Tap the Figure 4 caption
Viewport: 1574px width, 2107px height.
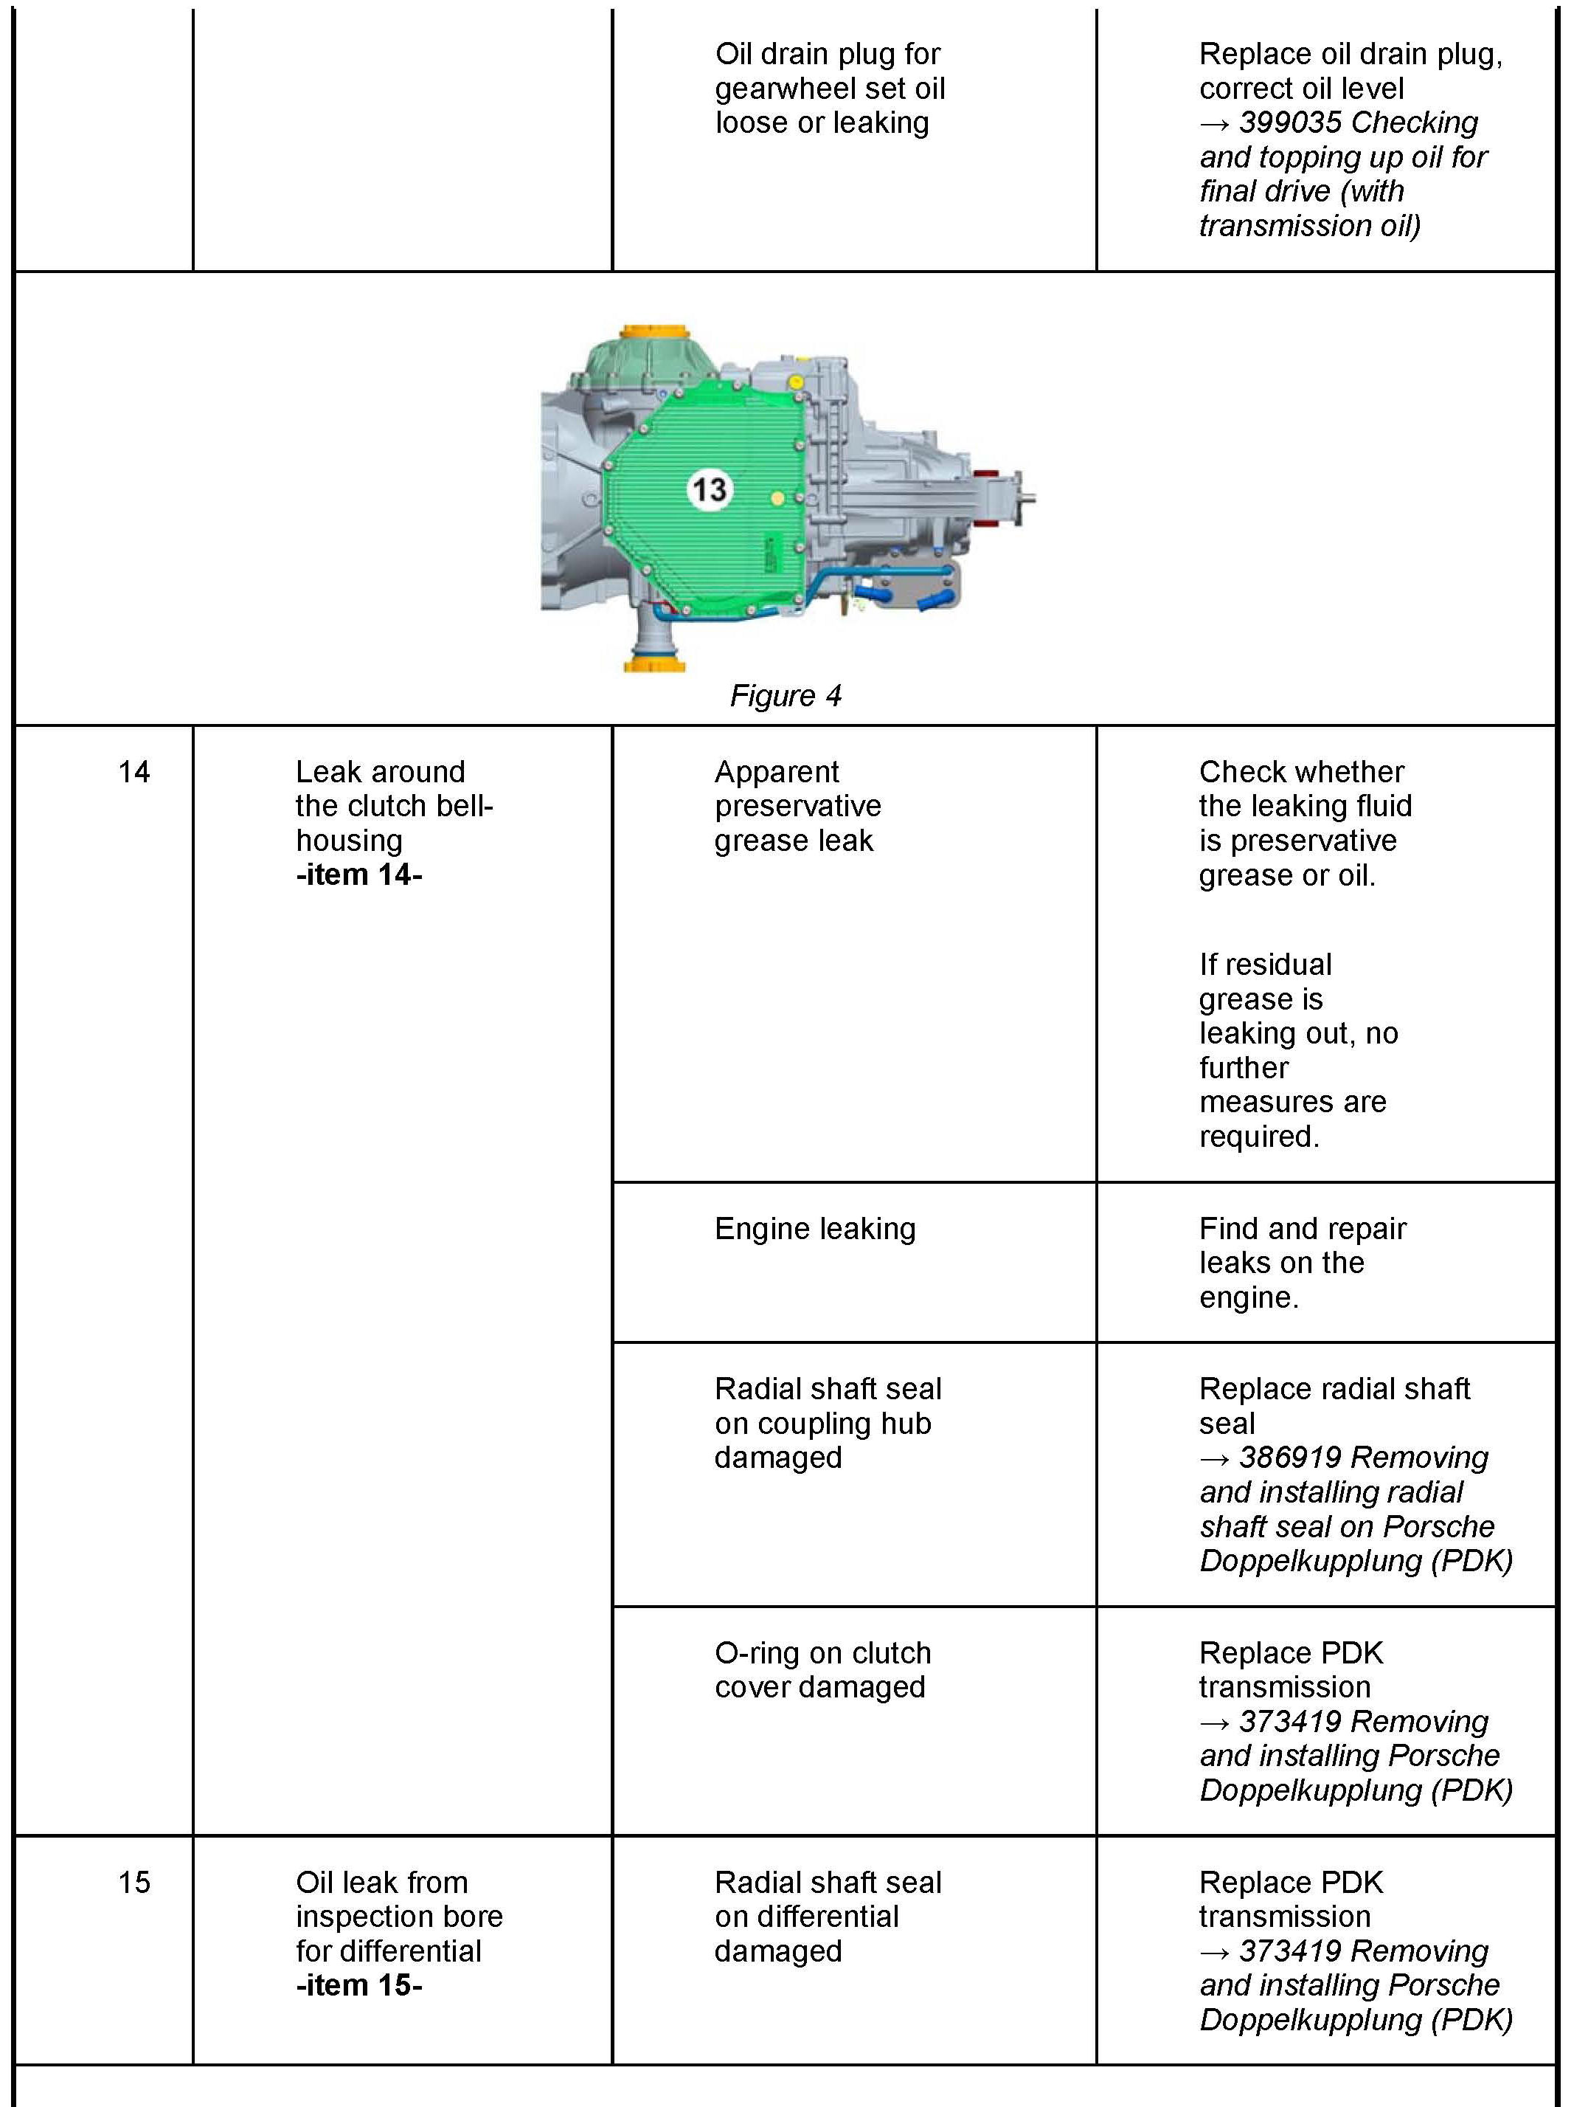786,696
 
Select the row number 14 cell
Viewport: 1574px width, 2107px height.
134,771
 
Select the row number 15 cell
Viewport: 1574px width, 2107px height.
134,1882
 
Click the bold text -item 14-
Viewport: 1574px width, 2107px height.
359,875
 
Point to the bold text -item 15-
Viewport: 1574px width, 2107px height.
359,1985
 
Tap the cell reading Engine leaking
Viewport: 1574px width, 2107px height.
815,1229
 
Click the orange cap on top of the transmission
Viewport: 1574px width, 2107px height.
653,334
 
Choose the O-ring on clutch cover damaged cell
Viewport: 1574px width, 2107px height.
822,1670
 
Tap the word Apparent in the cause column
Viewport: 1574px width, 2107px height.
777,771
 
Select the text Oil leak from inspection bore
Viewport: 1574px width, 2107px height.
399,1900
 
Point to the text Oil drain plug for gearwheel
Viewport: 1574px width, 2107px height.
829,72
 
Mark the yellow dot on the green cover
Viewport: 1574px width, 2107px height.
778,498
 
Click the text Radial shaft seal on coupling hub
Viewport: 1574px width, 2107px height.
828,1406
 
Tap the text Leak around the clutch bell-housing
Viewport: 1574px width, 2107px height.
393,806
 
